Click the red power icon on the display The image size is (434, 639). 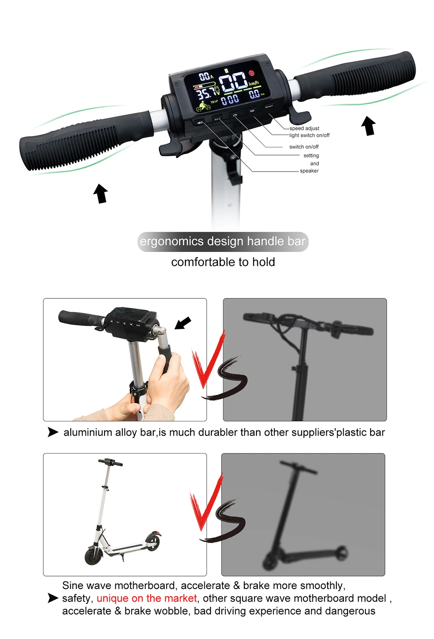click(x=252, y=73)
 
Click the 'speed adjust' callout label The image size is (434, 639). click(x=304, y=129)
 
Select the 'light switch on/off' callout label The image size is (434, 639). click(x=309, y=136)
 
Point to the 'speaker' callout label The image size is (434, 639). click(x=309, y=171)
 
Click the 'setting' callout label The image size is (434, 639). click(x=311, y=156)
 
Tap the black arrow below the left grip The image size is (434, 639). click(x=101, y=193)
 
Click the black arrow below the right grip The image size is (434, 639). click(x=368, y=126)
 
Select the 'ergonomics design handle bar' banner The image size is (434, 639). click(x=223, y=242)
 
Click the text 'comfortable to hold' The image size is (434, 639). click(x=223, y=262)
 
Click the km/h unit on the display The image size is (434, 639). click(x=254, y=83)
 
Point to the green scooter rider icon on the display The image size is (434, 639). click(x=202, y=106)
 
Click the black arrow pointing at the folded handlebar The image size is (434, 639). click(x=183, y=323)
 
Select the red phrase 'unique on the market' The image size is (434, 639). click(x=147, y=598)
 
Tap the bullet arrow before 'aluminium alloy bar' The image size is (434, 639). click(x=53, y=432)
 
